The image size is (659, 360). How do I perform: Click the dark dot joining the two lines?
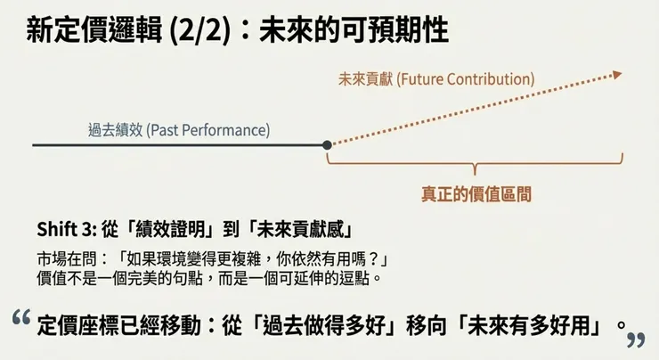point(328,144)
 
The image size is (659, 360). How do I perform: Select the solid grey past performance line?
point(178,144)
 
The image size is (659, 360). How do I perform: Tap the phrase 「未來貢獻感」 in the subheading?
point(295,228)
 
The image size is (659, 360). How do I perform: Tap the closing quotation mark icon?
point(636,340)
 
